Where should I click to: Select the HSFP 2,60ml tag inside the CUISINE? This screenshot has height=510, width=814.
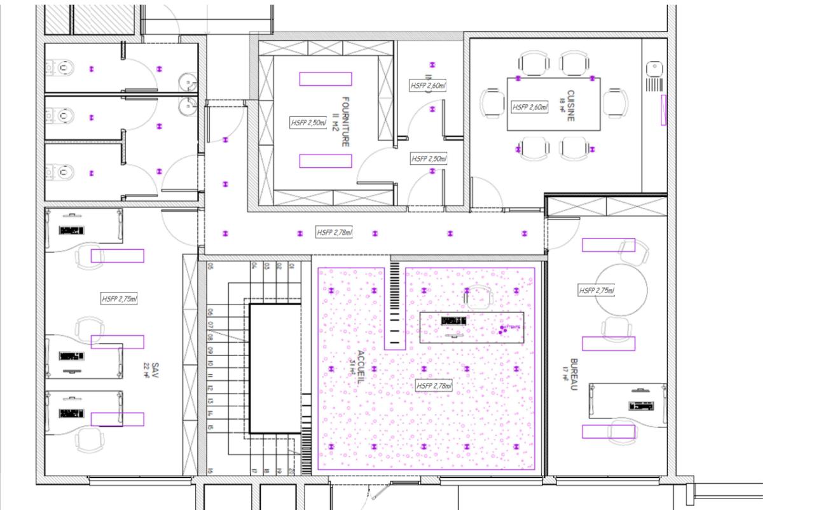530,107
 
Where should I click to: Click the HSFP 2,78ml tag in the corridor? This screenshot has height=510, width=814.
335,233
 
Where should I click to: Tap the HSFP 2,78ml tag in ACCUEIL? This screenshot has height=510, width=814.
434,386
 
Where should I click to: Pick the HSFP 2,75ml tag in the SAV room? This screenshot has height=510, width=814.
120,298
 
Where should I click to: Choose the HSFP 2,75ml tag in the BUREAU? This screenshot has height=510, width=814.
597,291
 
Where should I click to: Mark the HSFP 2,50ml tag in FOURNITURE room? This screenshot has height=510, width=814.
308,123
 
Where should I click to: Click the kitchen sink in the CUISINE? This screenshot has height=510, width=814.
654,67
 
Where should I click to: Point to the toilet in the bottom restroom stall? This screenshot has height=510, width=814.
64,172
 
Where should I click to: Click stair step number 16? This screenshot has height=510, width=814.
210,471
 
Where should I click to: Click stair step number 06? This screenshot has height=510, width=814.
210,312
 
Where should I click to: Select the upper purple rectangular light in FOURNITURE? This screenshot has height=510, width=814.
326,79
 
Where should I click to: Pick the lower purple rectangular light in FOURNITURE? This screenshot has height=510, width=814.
326,161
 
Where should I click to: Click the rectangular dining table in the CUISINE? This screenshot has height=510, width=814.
553,104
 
